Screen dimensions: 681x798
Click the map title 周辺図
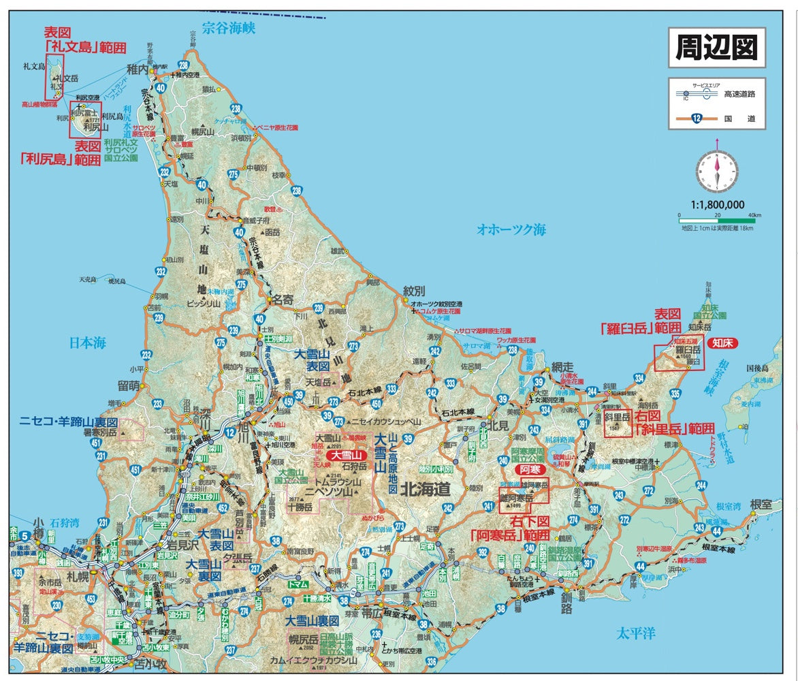pos(716,48)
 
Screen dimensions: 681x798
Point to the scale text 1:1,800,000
pos(716,204)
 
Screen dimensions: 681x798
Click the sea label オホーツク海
pos(511,230)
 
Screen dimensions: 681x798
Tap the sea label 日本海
pos(88,343)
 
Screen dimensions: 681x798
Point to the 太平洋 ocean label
pos(636,633)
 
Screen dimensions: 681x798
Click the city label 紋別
pos(414,291)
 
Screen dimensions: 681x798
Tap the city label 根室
pos(761,504)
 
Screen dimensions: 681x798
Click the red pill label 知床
pos(722,343)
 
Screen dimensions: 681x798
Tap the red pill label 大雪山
pos(346,454)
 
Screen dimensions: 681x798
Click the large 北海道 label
pos(426,488)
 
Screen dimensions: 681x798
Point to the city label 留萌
pos(129,386)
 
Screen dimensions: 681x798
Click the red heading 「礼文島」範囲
pos(85,47)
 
